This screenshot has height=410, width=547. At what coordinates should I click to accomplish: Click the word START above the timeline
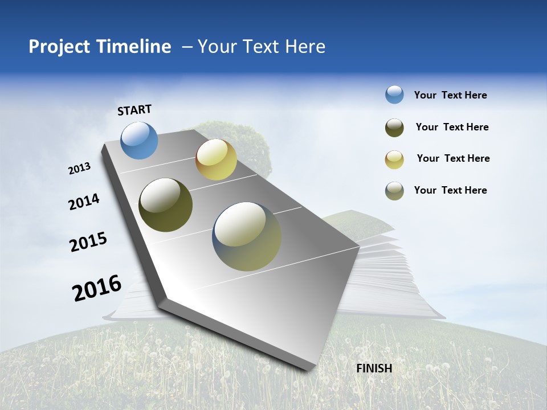pos(134,110)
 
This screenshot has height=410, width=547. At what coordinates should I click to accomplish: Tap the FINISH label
pos(374,368)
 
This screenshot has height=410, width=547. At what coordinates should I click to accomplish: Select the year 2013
pos(79,169)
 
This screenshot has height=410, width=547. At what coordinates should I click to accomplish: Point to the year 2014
pos(84,202)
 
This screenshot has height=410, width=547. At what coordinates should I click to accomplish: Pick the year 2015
pos(88,242)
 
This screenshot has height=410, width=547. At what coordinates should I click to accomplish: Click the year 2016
pos(97,288)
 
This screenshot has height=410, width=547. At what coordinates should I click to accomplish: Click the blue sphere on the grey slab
pos(140,140)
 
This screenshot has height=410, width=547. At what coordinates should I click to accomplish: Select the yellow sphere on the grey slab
pos(216,159)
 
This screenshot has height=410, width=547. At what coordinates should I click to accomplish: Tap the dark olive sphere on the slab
pos(165,205)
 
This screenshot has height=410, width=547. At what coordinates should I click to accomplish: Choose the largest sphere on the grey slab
pos(247,236)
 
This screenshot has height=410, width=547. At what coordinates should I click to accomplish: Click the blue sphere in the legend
pos(394,95)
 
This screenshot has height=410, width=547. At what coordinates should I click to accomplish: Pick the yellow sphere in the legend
pos(394,159)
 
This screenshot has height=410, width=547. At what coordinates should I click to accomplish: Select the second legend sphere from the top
pos(394,128)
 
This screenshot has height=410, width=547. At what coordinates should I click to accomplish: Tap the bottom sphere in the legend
pos(394,191)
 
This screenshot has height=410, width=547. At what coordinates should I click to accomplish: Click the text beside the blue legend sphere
pos(450,95)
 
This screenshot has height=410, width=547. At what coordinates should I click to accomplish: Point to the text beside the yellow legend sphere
pos(453,158)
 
